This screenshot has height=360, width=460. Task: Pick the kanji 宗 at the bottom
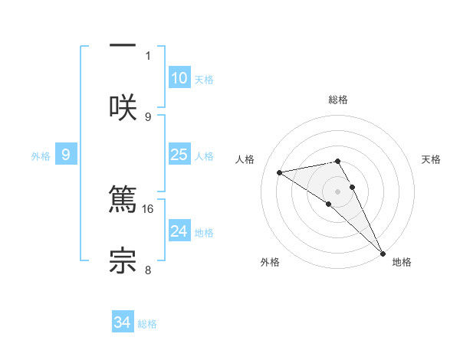(123, 260)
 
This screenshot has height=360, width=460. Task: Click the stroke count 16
(148, 208)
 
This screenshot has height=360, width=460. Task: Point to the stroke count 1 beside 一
(148, 55)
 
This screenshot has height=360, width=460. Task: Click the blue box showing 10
(179, 78)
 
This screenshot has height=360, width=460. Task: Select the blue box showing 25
(179, 155)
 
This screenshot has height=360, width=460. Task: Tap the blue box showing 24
(179, 231)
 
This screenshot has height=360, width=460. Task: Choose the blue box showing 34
(122, 323)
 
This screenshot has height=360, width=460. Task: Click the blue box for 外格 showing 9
(66, 155)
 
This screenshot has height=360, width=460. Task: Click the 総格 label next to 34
(147, 324)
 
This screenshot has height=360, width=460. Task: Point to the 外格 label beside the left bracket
(41, 155)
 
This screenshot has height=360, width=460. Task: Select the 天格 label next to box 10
(204, 79)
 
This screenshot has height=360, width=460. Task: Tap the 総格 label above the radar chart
(338, 100)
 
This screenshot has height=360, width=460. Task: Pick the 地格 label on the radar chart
(402, 262)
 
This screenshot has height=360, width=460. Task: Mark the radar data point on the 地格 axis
(383, 254)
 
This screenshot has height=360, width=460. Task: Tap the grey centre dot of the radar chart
(338, 191)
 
